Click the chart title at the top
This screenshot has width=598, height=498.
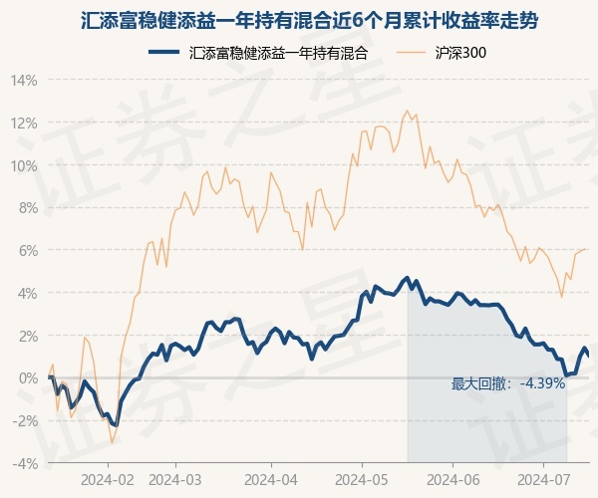(x=309, y=21)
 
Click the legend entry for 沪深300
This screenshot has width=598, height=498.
(x=442, y=53)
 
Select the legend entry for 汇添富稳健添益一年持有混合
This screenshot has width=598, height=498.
(x=258, y=53)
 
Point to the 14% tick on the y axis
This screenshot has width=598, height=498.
(x=24, y=81)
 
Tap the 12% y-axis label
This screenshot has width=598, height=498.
(x=24, y=124)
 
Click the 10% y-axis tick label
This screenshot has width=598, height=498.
(x=24, y=166)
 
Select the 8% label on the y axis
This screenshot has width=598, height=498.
(x=27, y=208)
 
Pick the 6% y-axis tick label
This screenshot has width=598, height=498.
(x=27, y=251)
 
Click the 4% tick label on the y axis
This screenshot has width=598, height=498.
(x=27, y=294)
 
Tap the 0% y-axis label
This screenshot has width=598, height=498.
(x=27, y=378)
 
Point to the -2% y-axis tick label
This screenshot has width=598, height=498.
(x=25, y=421)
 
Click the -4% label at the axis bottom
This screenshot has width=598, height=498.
(x=25, y=464)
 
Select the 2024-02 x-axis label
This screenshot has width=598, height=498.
(x=108, y=480)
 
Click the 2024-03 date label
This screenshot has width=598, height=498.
(x=175, y=480)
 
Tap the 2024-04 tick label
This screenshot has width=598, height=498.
(x=271, y=480)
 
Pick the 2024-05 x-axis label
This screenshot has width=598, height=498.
(x=362, y=480)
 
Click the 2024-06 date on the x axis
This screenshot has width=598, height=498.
(x=453, y=480)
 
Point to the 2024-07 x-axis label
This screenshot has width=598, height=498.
(x=544, y=480)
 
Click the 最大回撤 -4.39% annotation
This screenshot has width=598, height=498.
(x=508, y=383)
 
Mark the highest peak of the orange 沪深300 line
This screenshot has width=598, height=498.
(x=407, y=111)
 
